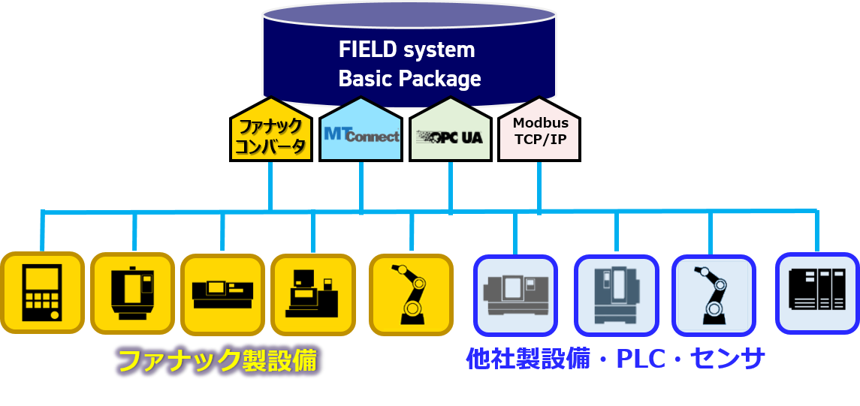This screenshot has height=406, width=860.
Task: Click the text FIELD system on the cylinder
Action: coord(406,50)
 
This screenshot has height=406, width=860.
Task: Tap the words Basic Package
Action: coord(409,78)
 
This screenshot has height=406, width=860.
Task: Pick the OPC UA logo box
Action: coord(450,136)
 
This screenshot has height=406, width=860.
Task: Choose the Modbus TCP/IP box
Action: coord(539,132)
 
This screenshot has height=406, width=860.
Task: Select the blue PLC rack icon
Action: coord(816,293)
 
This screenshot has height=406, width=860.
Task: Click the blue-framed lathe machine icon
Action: coord(514,295)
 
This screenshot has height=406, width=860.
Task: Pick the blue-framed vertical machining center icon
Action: coord(616,295)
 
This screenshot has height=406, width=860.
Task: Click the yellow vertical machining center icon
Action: coord(132,293)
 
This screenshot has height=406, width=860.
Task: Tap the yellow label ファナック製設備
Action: coord(219,361)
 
